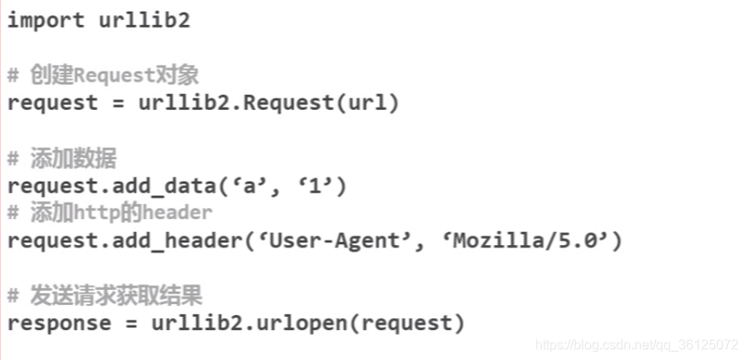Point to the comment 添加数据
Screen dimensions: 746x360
(x=73, y=158)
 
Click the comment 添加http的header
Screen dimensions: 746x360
(x=121, y=212)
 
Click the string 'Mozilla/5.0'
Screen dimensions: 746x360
(x=530, y=241)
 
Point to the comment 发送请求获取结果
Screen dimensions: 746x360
(x=116, y=295)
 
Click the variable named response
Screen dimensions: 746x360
(x=59, y=322)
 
